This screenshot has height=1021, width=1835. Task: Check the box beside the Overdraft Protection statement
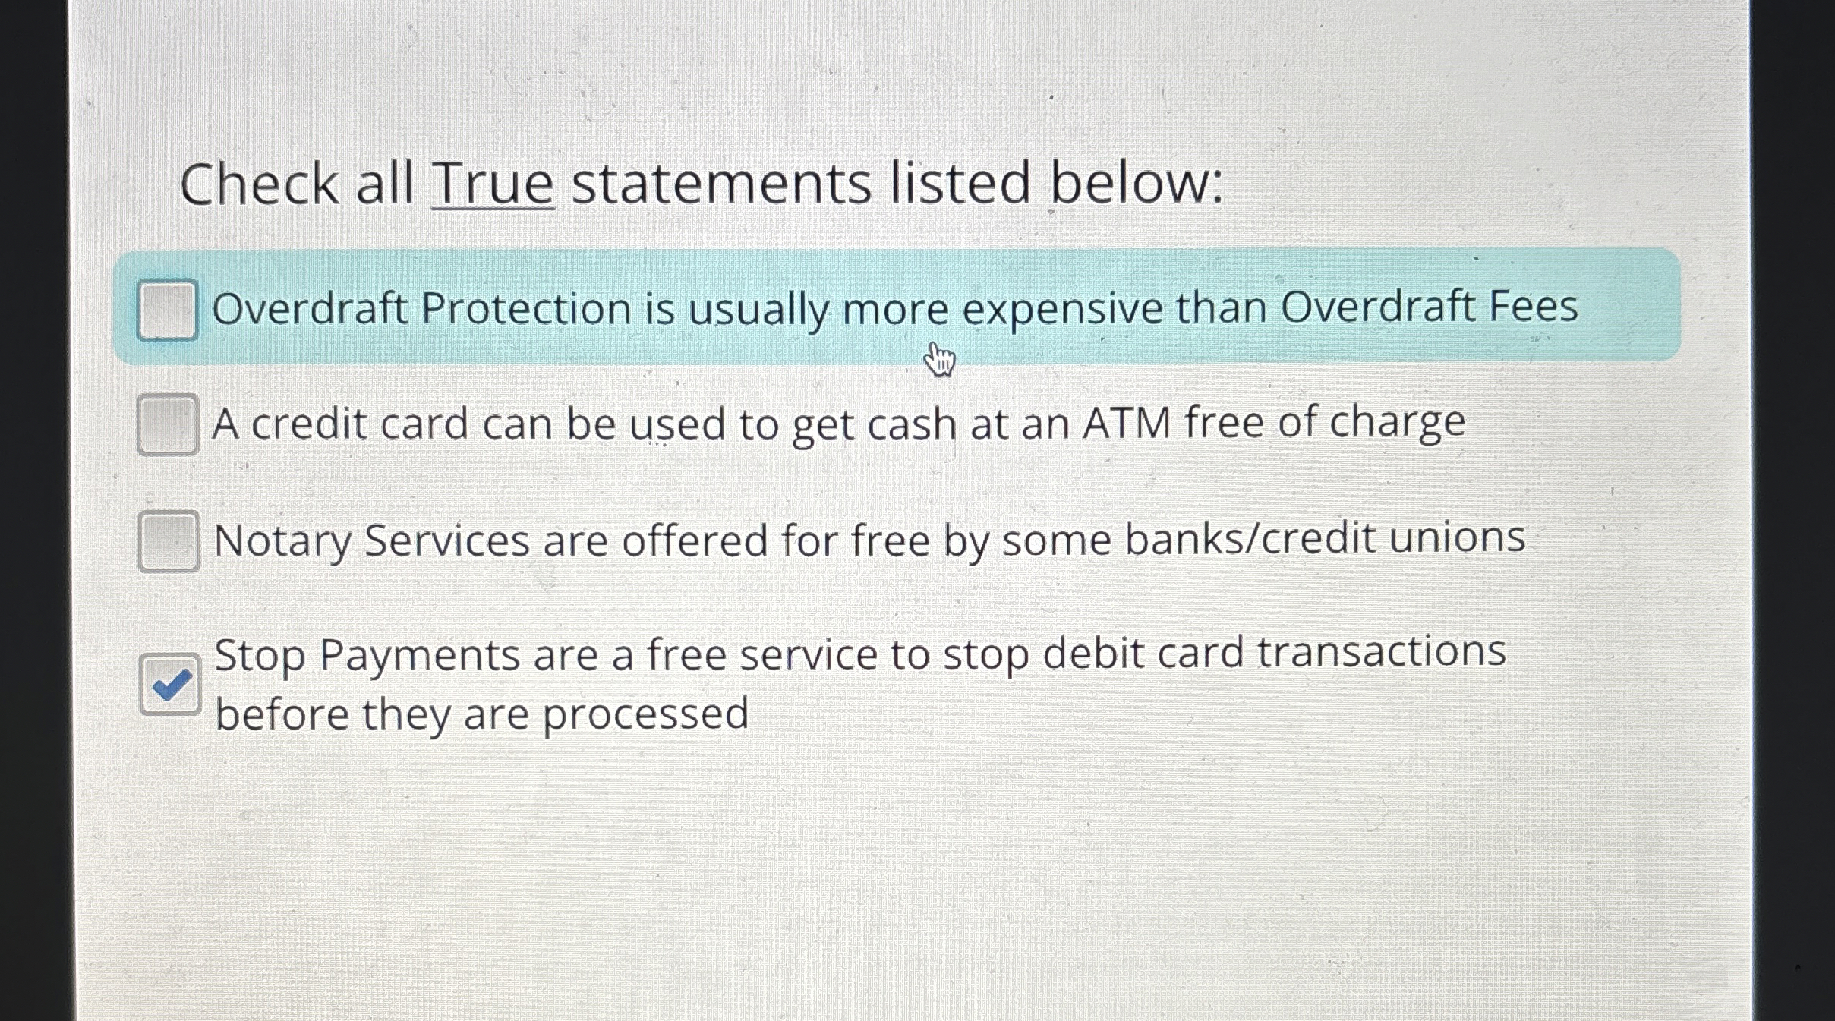[167, 310]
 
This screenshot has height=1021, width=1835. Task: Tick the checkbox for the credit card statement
[168, 424]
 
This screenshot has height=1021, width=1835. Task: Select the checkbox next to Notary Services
[169, 541]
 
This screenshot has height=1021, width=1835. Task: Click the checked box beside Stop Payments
[170, 685]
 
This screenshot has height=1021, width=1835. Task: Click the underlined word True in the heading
[493, 184]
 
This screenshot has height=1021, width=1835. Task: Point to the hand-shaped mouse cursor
[939, 358]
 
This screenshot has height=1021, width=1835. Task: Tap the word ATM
[1127, 423]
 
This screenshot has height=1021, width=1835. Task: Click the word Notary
[282, 541]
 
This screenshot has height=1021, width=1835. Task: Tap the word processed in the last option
[645, 714]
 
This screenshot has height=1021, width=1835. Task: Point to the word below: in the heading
[1137, 184]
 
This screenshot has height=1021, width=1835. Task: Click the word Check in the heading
[259, 184]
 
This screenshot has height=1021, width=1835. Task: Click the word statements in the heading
[720, 184]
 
